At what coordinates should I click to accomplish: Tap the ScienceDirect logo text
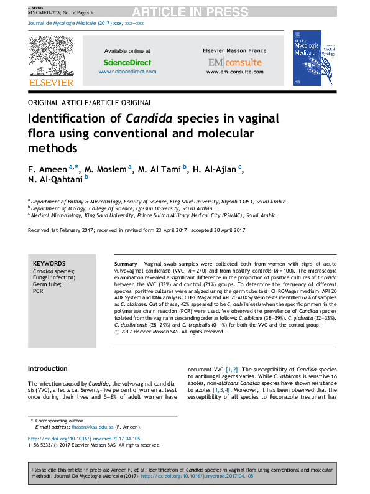127,62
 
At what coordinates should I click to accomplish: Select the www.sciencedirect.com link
127,72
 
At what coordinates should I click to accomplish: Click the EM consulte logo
234,62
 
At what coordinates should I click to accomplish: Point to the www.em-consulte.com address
234,72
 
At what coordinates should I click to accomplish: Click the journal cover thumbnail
307,58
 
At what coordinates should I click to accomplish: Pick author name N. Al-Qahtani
55,180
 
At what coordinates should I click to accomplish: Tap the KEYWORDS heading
49,264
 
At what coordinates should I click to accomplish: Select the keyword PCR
38,291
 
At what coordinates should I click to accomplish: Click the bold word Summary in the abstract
126,264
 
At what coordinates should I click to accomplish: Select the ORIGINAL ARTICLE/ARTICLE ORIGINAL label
90,102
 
